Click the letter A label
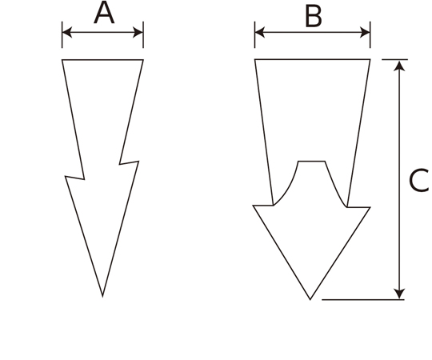[x=104, y=13]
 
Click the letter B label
[x=314, y=17]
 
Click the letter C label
[x=419, y=181]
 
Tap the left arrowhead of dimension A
[x=67, y=32]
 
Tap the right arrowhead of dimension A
[x=138, y=32]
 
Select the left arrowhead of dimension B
[x=260, y=32]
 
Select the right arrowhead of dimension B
[x=365, y=32]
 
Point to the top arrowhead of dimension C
[x=399, y=66]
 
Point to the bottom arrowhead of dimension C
[x=399, y=294]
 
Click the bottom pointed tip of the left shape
[x=102, y=297]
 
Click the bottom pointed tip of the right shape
[x=310, y=299]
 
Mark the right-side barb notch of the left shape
[x=119, y=164]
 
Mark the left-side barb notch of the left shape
[x=84, y=179]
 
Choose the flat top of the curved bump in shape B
[x=312, y=162]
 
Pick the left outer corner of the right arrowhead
[x=253, y=206]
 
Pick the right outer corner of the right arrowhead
[x=370, y=207]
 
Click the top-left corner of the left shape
[x=62, y=60]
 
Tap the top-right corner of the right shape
[x=370, y=59]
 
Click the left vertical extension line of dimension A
[x=62, y=34]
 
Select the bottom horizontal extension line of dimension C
[x=363, y=299]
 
